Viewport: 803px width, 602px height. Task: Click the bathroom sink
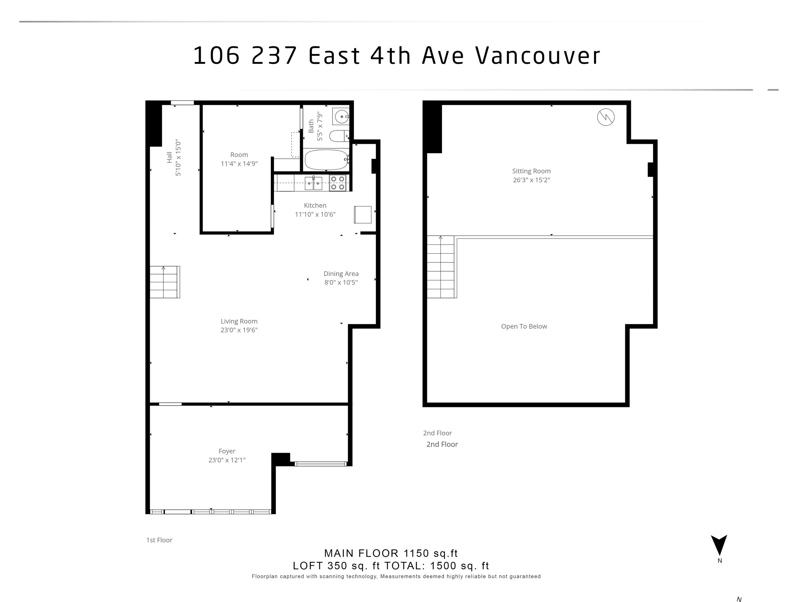coord(341,117)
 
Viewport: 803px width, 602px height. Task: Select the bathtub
coord(327,160)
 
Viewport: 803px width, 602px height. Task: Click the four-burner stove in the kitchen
coord(338,183)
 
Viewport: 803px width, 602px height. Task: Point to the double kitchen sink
coord(313,183)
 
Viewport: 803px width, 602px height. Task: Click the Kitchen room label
coord(315,205)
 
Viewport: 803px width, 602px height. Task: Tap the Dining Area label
coord(341,274)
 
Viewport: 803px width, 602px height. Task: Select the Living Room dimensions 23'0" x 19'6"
coord(239,330)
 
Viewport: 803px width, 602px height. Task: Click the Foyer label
coord(227,451)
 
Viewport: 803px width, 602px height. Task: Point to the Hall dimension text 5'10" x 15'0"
coord(178,158)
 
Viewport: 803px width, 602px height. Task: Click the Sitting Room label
coord(532,171)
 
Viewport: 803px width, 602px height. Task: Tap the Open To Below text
coord(524,326)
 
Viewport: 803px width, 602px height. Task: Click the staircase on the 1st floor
coord(165,282)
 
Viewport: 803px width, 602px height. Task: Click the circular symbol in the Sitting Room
coord(606,117)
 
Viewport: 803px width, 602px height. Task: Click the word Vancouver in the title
coord(538,56)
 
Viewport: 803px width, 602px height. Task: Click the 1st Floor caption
coord(159,540)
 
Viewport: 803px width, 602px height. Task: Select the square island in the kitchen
coord(363,214)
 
